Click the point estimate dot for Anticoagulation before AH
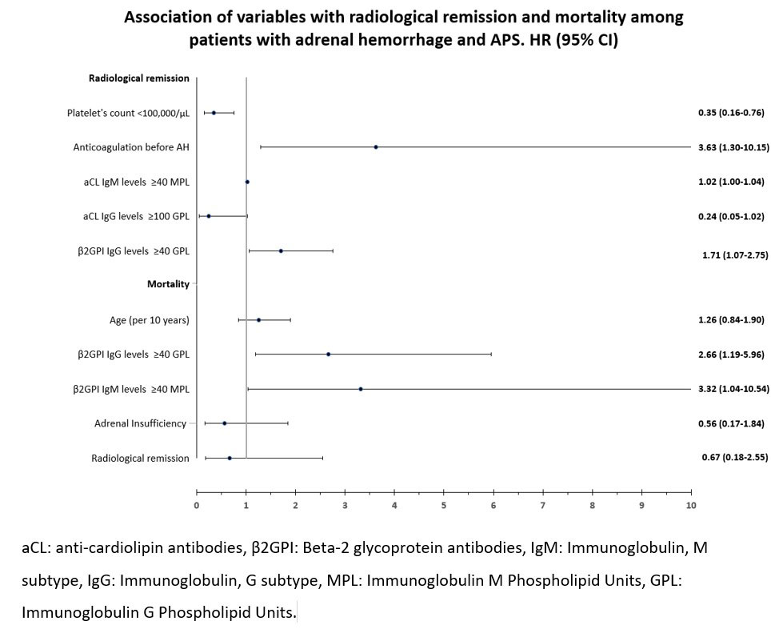coord(376,146)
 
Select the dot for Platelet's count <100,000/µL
coord(214,113)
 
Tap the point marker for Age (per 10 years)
coord(258,320)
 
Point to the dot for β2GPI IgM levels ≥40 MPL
coord(361,389)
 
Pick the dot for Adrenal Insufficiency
coord(224,423)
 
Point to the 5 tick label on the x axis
coord(444,505)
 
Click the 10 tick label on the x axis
coord(691,505)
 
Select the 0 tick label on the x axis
coord(197,505)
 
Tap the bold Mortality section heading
coord(168,284)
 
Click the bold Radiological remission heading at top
coord(138,78)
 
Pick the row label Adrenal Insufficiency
coord(140,423)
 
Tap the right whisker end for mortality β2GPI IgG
coord(491,354)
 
